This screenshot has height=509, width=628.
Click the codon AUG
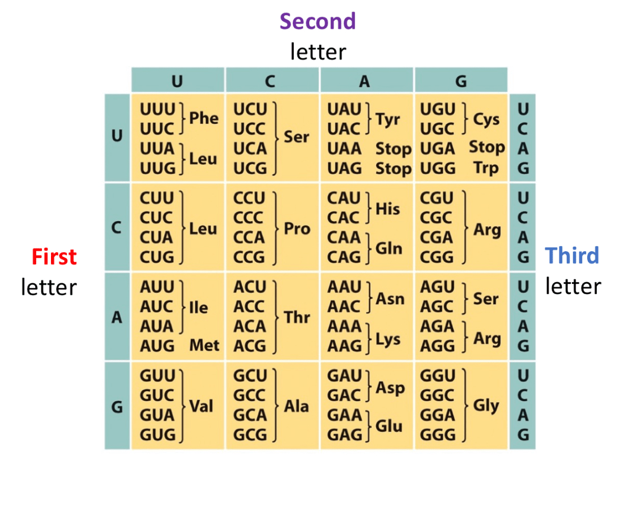(157, 345)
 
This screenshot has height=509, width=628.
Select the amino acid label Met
(204, 345)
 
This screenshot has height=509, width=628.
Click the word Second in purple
(318, 21)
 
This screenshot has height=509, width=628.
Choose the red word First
(54, 257)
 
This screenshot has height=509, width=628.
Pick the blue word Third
(572, 256)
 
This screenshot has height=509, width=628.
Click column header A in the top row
(365, 81)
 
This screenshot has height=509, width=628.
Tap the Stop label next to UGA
(486, 148)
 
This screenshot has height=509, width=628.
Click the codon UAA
(344, 149)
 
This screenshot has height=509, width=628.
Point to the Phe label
(204, 118)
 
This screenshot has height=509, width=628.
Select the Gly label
(486, 406)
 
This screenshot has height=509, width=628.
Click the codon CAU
(344, 199)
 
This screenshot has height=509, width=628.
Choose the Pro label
(297, 228)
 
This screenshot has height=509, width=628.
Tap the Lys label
(388, 339)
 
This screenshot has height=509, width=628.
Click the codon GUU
(157, 376)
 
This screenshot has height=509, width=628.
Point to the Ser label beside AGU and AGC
(486, 298)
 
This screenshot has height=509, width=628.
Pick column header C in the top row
(270, 81)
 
